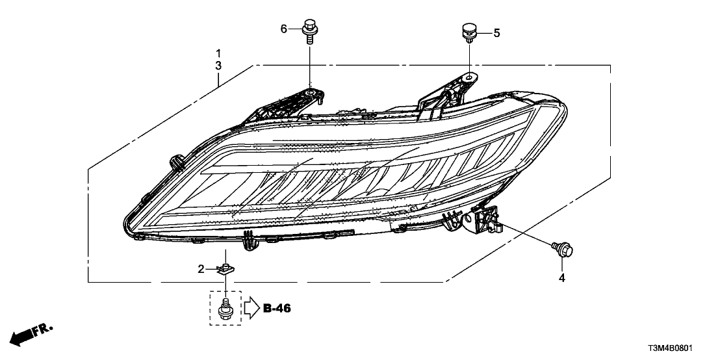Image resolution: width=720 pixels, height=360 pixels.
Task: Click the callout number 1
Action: click(219, 53)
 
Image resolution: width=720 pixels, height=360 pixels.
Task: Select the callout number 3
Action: click(219, 66)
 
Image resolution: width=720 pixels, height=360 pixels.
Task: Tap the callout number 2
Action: click(201, 268)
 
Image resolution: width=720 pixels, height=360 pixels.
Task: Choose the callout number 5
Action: click(496, 32)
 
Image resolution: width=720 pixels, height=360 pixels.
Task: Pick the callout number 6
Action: click(283, 29)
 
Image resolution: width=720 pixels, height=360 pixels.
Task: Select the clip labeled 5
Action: click(468, 31)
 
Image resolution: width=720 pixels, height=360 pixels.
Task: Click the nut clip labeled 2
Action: click(225, 267)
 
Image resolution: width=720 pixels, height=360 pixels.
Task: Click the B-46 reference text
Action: click(277, 308)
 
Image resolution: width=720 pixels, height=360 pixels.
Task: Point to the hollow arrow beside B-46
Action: click(251, 308)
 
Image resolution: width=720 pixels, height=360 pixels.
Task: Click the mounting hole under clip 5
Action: click(469, 78)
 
